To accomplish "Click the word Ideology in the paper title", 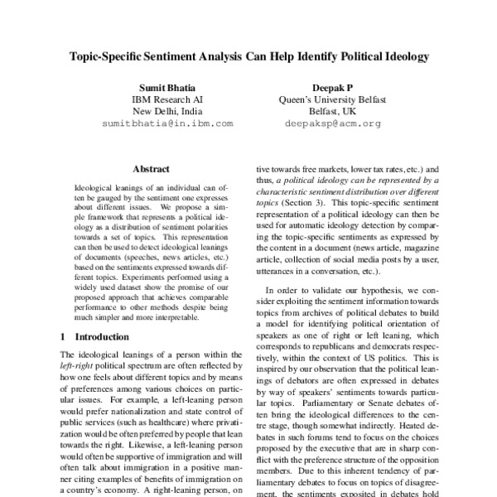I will coord(405,59).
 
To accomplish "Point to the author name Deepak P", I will coord(331,85).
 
